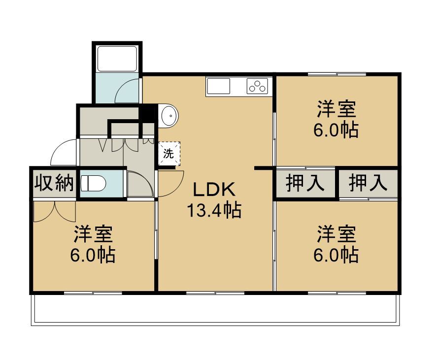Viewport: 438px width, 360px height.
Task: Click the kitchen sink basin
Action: click(218, 86)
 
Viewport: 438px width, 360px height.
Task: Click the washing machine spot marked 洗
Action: click(169, 154)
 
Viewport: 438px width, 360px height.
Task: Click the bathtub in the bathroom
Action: click(117, 59)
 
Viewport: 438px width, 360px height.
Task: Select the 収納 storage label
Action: click(54, 183)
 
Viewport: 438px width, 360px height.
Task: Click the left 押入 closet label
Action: click(305, 183)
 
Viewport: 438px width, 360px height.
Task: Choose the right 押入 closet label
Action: click(368, 183)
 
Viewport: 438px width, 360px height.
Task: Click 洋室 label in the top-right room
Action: click(337, 109)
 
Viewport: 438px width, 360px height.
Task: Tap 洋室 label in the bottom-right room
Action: click(337, 234)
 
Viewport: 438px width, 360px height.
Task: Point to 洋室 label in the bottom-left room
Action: click(93, 234)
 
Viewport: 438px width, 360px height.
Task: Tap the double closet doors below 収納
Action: click(55, 211)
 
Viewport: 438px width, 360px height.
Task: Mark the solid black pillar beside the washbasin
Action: click(148, 113)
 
